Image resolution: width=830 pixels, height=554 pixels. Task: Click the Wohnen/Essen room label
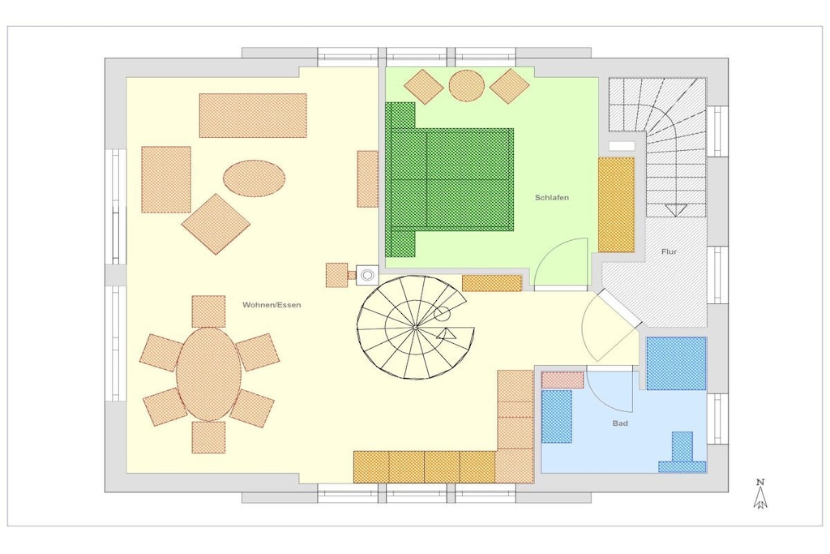pyautogui.click(x=272, y=304)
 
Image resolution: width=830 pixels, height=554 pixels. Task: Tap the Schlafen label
pyautogui.click(x=551, y=198)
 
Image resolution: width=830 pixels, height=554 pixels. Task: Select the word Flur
pyautogui.click(x=669, y=251)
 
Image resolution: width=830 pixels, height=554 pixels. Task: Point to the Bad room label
pyautogui.click(x=620, y=423)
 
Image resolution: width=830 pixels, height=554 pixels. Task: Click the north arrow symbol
pyautogui.click(x=760, y=494)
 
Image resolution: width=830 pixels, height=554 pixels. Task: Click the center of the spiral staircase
pyautogui.click(x=416, y=328)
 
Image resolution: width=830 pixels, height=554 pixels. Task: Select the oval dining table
pyautogui.click(x=209, y=374)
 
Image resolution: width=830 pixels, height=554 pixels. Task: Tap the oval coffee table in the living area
pyautogui.click(x=254, y=178)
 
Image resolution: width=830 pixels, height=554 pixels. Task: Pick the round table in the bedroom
pyautogui.click(x=466, y=85)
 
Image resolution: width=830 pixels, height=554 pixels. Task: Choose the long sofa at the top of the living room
pyautogui.click(x=253, y=115)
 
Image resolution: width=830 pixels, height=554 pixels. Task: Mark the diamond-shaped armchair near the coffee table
pyautogui.click(x=216, y=224)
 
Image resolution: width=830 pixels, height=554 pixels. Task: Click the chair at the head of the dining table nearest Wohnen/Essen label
pyautogui.click(x=208, y=311)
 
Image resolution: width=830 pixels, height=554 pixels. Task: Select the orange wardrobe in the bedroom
pyautogui.click(x=616, y=204)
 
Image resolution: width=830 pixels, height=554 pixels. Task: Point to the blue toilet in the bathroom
pyautogui.click(x=682, y=453)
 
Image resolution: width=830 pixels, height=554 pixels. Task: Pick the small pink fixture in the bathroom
pyautogui.click(x=563, y=380)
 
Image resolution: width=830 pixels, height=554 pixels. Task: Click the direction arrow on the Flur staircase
pyautogui.click(x=676, y=210)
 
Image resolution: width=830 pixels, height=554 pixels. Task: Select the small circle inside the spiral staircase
pyautogui.click(x=442, y=314)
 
